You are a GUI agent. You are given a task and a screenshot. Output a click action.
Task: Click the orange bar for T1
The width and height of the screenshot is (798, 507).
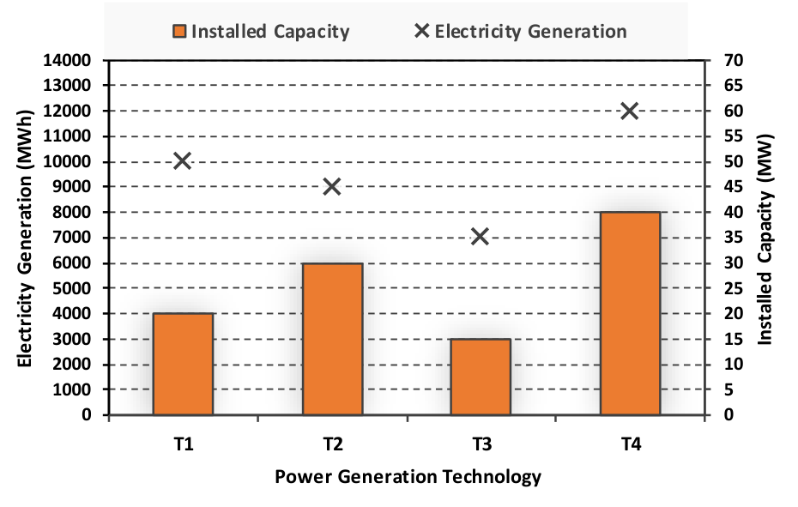[x=184, y=364]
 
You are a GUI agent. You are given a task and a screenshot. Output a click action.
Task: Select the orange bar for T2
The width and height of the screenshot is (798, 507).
[x=332, y=339]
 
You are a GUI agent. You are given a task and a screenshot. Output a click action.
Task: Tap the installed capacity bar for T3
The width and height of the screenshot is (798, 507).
[x=481, y=377]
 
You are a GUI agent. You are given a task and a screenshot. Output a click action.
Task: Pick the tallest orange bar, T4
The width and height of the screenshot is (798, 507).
[x=630, y=314]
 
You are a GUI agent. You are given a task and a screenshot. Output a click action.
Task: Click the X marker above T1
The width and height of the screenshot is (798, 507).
[x=182, y=161]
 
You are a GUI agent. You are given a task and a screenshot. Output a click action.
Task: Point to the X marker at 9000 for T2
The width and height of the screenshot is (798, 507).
[x=332, y=187]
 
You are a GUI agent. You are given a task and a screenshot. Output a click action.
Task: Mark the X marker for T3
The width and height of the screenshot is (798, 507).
[x=481, y=236]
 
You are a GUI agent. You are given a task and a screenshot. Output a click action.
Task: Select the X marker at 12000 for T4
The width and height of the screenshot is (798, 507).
[x=630, y=111]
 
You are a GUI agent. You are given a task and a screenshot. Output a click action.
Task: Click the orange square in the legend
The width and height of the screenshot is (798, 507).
[x=179, y=32]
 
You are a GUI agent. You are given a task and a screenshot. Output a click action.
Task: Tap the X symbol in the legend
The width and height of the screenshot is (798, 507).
[x=422, y=31]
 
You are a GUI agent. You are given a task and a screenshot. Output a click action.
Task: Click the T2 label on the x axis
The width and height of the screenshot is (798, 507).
[x=333, y=444]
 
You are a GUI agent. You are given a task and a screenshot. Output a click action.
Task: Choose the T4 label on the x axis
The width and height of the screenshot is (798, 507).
[x=631, y=444]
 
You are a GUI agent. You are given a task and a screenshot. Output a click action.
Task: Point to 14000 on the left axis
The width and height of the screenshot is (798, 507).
[x=67, y=61]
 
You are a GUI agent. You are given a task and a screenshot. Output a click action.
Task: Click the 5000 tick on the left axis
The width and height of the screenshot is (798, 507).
[x=72, y=288]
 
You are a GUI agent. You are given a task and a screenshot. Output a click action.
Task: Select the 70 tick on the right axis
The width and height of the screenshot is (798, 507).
[x=734, y=61]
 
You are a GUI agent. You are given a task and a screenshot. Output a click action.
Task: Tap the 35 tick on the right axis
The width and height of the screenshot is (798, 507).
[x=734, y=238]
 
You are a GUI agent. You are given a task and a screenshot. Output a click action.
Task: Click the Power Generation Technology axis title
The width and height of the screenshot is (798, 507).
[x=408, y=477]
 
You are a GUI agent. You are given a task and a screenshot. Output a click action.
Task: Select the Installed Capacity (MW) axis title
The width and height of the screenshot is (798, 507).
[x=765, y=239]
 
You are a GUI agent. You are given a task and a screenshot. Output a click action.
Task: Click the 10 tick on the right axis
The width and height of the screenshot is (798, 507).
[x=734, y=365]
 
